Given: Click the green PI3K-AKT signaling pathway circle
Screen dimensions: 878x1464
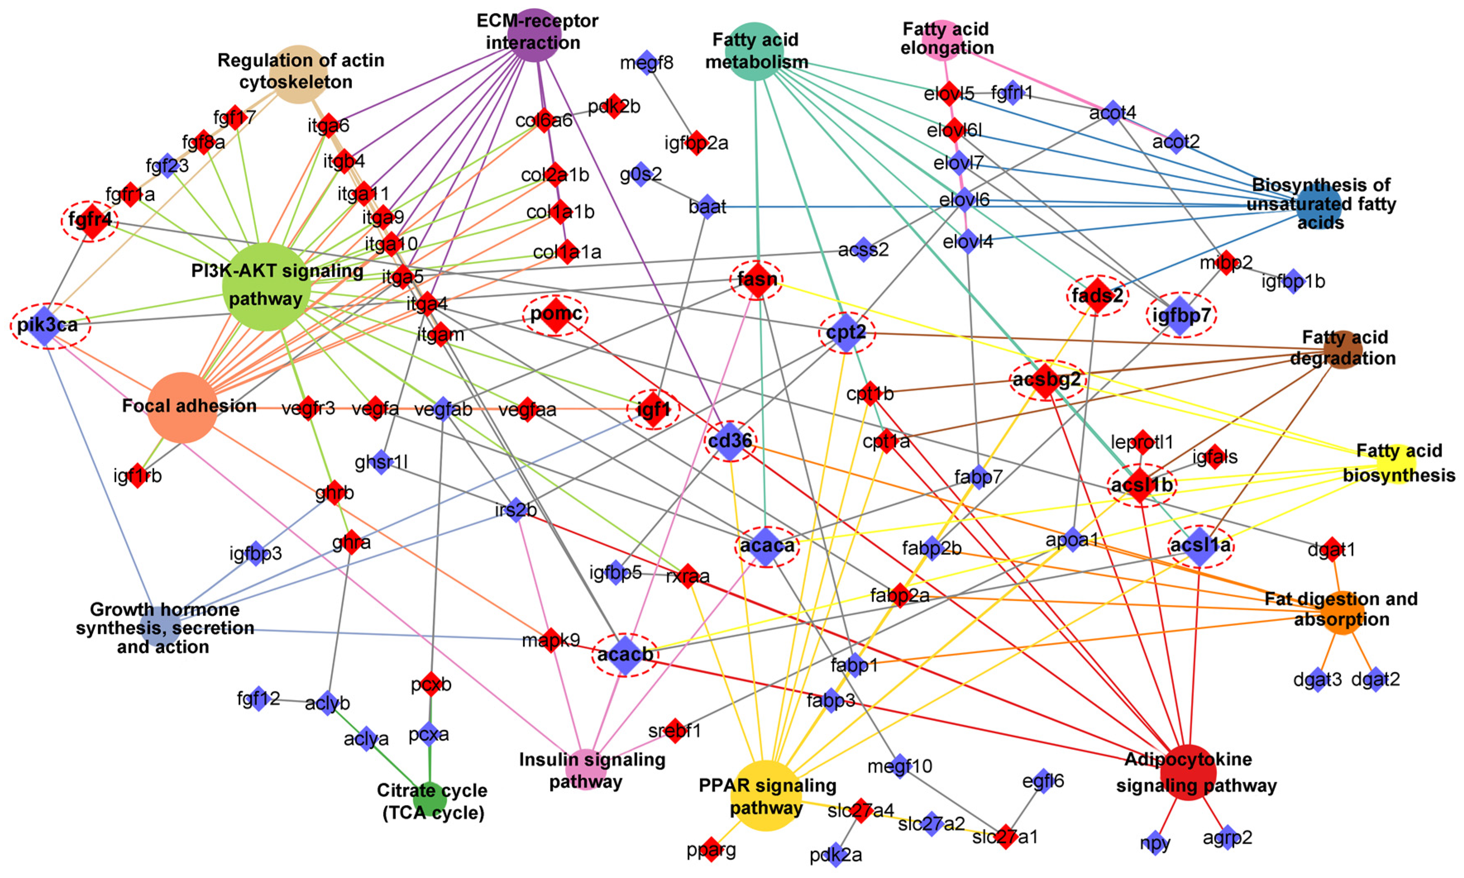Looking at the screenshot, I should click(266, 286).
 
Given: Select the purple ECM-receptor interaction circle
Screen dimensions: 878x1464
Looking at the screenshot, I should click(535, 34).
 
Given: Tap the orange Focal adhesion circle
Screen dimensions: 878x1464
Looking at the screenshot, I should click(182, 408).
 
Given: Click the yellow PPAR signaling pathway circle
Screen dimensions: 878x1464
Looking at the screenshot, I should click(766, 795).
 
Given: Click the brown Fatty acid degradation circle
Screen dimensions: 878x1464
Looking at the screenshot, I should click(1342, 350).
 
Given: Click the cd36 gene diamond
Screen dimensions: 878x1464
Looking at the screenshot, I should click(730, 441).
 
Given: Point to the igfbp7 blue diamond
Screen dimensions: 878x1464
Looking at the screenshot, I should click(1180, 315).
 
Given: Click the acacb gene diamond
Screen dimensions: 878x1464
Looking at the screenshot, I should click(625, 654).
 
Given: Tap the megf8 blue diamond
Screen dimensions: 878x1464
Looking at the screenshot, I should click(647, 62).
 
